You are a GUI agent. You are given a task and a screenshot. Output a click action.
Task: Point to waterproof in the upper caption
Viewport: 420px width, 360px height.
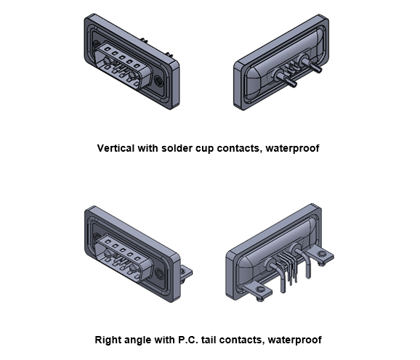[293, 149]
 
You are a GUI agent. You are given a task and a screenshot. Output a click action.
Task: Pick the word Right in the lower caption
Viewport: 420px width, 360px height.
[107, 340]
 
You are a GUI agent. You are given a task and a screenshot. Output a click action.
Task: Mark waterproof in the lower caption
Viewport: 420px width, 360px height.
[294, 340]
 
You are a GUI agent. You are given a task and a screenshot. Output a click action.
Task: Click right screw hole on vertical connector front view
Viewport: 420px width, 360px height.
[159, 81]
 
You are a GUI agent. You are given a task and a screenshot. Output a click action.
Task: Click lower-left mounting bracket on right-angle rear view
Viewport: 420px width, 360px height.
[257, 292]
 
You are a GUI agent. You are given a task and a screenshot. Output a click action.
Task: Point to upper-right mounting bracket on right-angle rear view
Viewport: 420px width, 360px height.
[321, 255]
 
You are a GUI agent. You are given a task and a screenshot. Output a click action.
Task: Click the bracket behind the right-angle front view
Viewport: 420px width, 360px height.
[187, 274]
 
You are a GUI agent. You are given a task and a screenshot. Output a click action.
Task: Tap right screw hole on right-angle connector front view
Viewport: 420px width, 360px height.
[160, 274]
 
